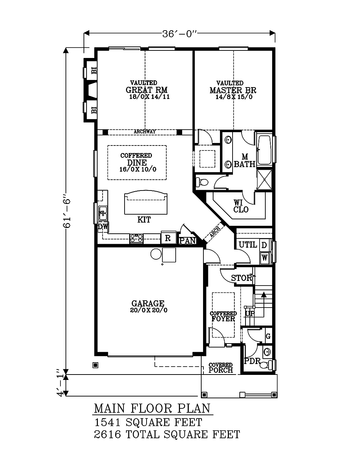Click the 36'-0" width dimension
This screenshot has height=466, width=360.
pyautogui.click(x=180, y=34)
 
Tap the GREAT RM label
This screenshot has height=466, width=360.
pyautogui.click(x=147, y=90)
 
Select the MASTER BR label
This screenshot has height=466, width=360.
pyautogui.click(x=233, y=90)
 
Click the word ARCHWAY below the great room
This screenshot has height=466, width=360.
pyautogui.click(x=145, y=132)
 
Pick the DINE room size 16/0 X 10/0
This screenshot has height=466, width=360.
pyautogui.click(x=138, y=169)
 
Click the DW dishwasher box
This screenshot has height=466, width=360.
pyautogui.click(x=103, y=227)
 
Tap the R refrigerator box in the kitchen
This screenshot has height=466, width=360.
pyautogui.click(x=168, y=238)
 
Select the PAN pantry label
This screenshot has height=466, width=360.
pyautogui.click(x=187, y=241)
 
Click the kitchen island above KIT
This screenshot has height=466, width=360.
pyautogui.click(x=146, y=204)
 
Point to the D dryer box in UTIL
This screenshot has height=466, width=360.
pyautogui.click(x=264, y=245)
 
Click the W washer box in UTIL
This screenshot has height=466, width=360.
pyautogui.click(x=265, y=258)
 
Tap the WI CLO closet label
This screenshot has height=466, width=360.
pyautogui.click(x=240, y=206)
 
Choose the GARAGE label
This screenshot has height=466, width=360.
pyautogui.click(x=148, y=304)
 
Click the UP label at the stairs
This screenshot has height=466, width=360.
pyautogui.click(x=250, y=314)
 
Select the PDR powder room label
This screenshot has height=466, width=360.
pyautogui.click(x=252, y=361)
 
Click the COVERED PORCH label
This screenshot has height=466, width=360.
pyautogui.click(x=221, y=368)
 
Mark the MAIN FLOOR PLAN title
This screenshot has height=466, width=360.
pyautogui.click(x=152, y=408)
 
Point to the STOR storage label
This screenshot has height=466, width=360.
pyautogui.click(x=242, y=278)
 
